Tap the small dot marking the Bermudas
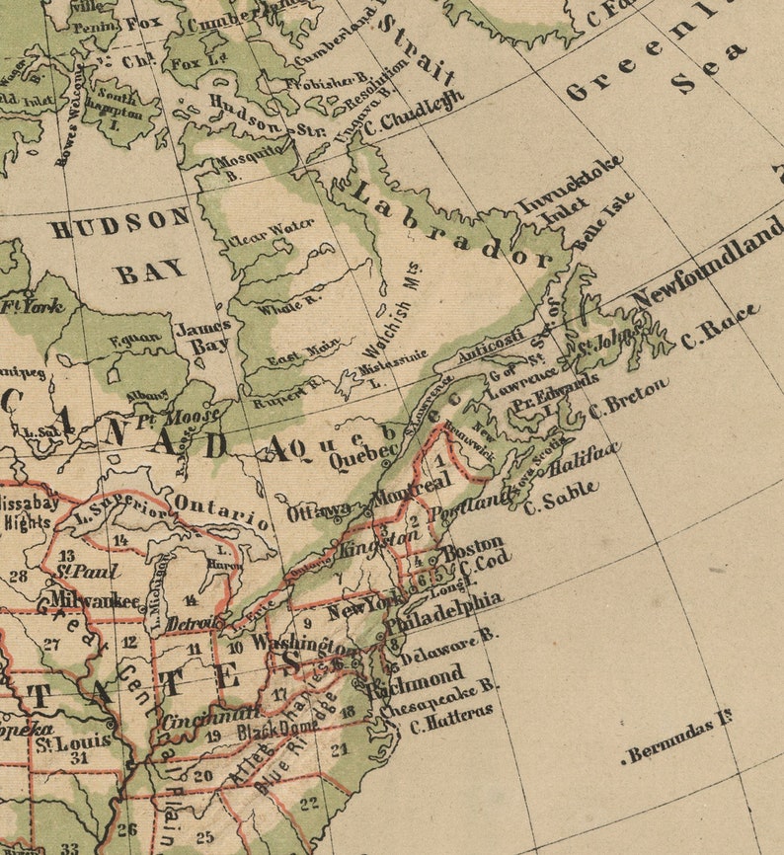click(x=625, y=760)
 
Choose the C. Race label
click(x=720, y=327)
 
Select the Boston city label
click(x=472, y=549)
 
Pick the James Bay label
click(x=202, y=336)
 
